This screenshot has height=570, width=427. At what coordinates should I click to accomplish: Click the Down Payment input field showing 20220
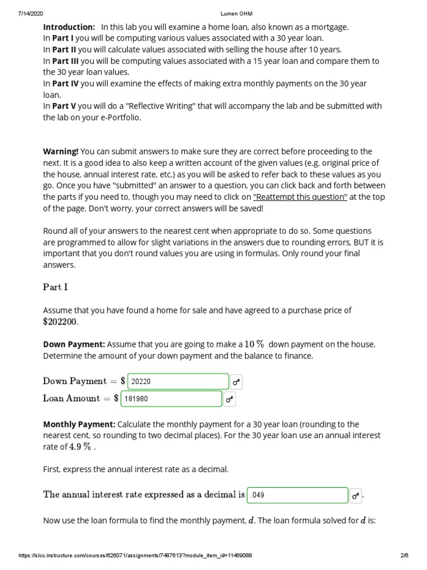pos(178,381)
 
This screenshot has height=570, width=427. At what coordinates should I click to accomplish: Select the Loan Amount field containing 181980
pos(174,399)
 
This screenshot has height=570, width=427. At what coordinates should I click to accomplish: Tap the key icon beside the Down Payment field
pos(237,382)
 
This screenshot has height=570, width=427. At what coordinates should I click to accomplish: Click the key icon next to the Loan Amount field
pos(230,399)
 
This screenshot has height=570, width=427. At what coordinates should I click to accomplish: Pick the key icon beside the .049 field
pos(356,495)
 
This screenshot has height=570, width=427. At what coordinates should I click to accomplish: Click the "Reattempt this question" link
pos(300,197)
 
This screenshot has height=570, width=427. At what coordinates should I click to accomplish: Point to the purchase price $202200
pos(61,322)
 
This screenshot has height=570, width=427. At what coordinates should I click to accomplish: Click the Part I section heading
pos(56,287)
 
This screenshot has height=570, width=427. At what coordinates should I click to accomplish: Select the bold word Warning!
pos(61,151)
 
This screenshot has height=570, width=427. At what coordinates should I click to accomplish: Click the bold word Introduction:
pos(69,27)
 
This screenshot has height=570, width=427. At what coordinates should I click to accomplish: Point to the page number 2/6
pos(404,556)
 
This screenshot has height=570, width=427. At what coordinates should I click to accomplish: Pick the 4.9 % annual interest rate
pos(80,446)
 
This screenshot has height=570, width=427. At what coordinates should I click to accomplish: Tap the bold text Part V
pos(64,106)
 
